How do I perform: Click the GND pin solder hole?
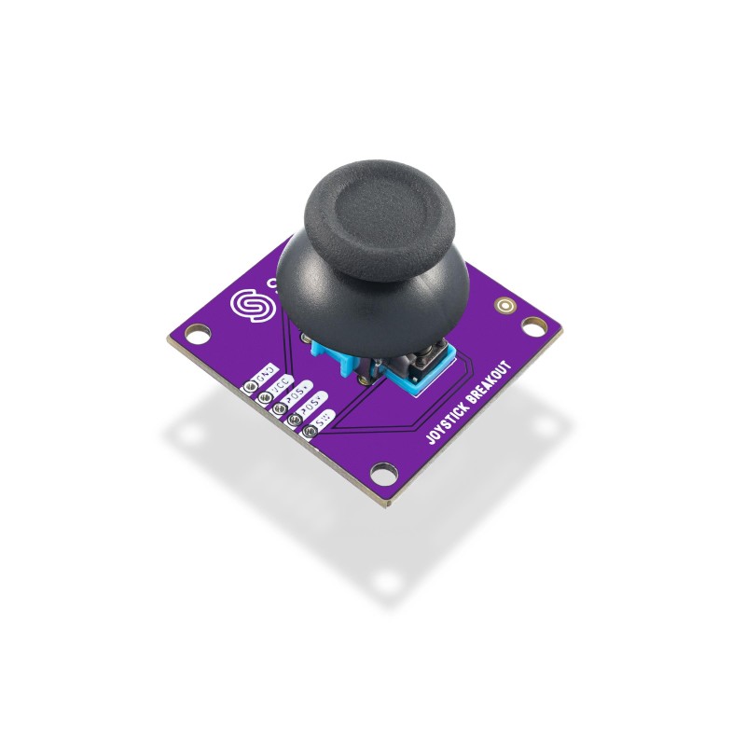[x=251, y=383]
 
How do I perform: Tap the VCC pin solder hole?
[x=265, y=394]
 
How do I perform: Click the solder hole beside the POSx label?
[x=280, y=407]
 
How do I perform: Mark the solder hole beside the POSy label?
[x=295, y=420]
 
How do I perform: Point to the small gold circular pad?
[x=505, y=305]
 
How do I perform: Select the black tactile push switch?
[x=427, y=358]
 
